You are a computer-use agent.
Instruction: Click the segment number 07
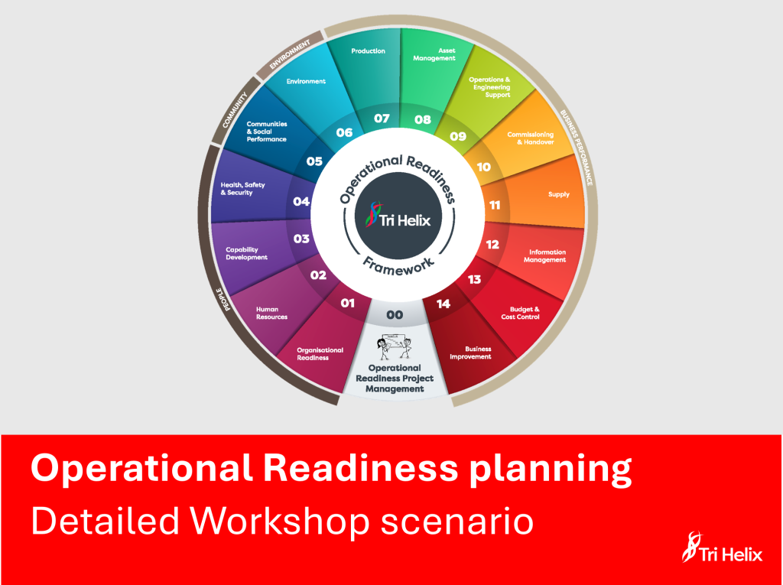(x=382, y=119)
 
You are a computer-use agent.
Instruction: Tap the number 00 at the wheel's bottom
(x=395, y=314)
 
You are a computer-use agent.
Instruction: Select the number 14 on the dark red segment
(x=443, y=304)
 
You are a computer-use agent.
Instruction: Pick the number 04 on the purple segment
(x=301, y=202)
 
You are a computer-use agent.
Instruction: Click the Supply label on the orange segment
(x=559, y=194)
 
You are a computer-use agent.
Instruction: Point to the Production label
(x=368, y=51)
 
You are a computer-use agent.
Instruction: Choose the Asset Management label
(x=434, y=54)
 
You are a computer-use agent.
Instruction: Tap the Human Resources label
(x=272, y=313)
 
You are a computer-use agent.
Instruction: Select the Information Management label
(x=545, y=255)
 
